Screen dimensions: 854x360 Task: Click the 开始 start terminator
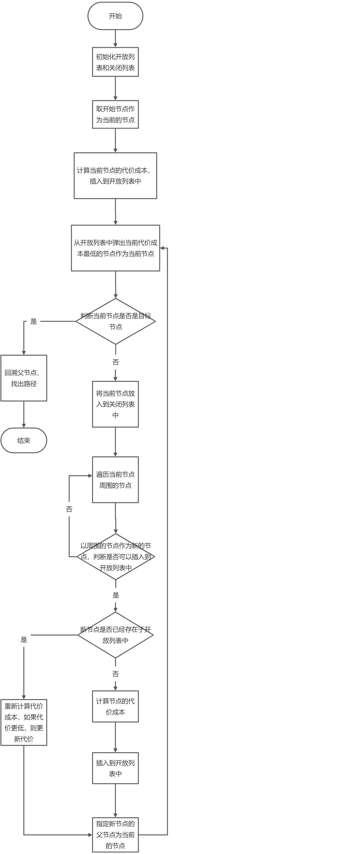[x=115, y=16]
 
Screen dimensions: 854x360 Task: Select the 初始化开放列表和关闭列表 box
[x=115, y=62]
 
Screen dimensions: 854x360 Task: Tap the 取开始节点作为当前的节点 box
[x=115, y=114]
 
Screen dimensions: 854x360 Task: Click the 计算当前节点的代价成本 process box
[x=115, y=176]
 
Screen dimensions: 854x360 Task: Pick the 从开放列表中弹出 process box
[x=115, y=248]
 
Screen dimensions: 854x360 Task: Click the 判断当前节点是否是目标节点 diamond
[x=115, y=321]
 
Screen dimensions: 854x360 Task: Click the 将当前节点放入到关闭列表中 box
[x=115, y=404]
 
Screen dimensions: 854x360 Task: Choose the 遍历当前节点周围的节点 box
[x=115, y=480]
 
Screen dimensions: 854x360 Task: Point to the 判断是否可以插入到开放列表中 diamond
[x=115, y=557]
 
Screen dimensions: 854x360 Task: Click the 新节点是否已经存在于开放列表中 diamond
[x=115, y=635]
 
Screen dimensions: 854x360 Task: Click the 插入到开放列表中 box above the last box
[x=115, y=768]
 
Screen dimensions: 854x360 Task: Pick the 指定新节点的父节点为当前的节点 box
[x=115, y=834]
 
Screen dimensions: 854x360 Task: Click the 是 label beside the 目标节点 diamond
[x=33, y=321]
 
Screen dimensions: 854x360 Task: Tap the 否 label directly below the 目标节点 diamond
[x=115, y=362]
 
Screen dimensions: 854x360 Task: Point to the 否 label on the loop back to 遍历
[x=69, y=509]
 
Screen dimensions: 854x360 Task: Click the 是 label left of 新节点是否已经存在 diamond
[x=24, y=640]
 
